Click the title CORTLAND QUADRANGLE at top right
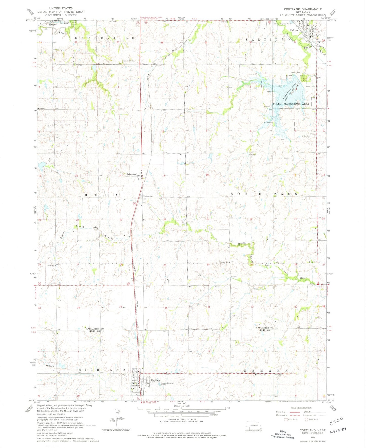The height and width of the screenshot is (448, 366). (x=303, y=9)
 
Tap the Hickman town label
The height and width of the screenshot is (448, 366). (x=295, y=30)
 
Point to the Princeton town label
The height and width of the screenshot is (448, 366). (x=131, y=174)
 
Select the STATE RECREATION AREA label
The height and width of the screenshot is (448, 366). (x=291, y=104)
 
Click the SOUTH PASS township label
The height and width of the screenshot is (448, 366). (x=264, y=194)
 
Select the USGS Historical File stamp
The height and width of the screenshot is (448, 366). (x=283, y=434)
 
